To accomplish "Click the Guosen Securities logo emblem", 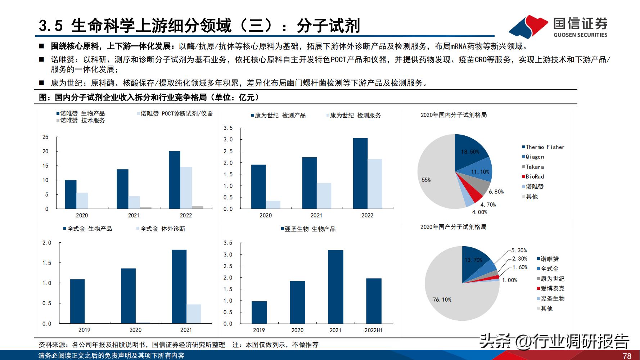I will pos(528,27).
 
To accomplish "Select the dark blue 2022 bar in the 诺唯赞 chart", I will pos(175,180).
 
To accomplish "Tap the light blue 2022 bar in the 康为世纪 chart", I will pos(375,184).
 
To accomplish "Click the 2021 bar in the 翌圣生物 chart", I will pos(335,287).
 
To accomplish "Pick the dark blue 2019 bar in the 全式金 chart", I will pos(77,301).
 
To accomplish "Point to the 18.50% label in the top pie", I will pos(470,152).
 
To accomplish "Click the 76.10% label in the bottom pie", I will pos(442,300).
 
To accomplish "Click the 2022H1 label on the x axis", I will pos(373,330).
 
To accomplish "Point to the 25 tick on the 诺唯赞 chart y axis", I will pos(45,137).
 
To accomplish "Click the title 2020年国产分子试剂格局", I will pos(453,227).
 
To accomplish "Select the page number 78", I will pos(627,356).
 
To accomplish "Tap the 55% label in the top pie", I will pos(426,180).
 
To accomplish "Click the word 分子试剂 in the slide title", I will pos(328,26).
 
